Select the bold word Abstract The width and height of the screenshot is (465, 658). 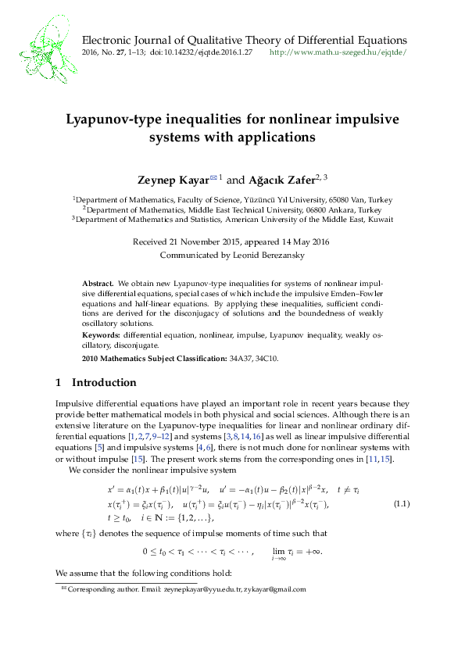tap(98, 281)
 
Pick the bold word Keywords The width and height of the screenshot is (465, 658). tap(100, 333)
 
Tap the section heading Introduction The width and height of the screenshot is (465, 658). tap(104, 383)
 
